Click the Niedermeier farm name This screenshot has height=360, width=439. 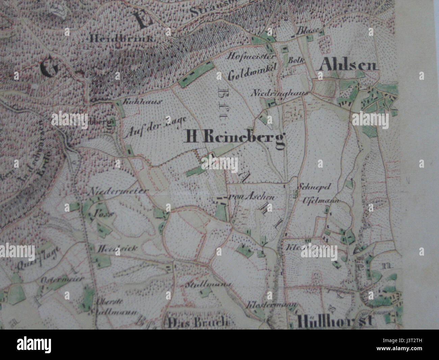pos(119,192)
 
